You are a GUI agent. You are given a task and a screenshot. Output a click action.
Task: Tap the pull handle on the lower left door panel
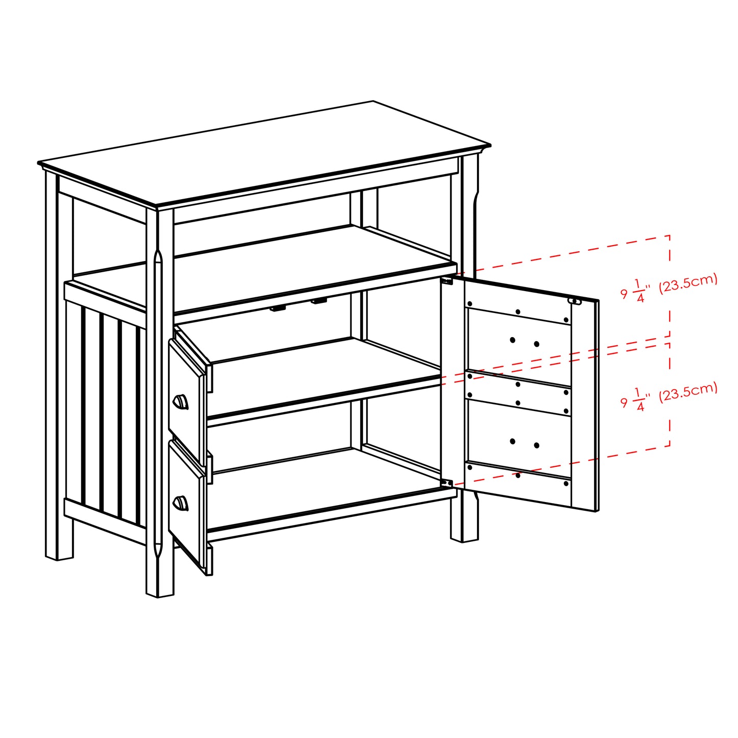click(x=180, y=504)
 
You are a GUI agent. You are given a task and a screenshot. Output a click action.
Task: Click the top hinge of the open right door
click(x=447, y=281)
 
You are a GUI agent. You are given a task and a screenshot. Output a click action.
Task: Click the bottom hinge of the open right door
click(x=447, y=483)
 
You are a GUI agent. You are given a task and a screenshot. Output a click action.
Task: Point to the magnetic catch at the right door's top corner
click(x=575, y=301)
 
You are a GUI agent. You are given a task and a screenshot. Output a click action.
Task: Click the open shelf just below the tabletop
click(x=266, y=266)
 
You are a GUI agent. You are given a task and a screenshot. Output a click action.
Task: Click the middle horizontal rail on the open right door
click(x=518, y=394)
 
